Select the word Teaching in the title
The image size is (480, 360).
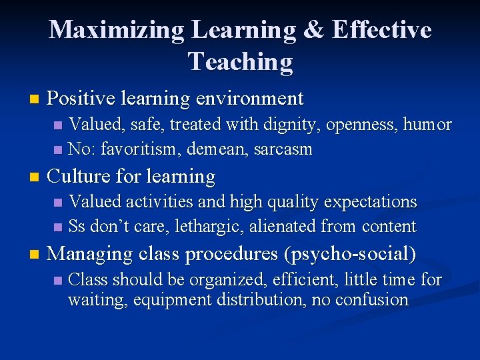(240, 61)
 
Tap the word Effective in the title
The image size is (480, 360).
(381, 30)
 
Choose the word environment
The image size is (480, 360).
(250, 99)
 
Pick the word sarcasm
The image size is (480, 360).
(282, 149)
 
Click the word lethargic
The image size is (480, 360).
(209, 227)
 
